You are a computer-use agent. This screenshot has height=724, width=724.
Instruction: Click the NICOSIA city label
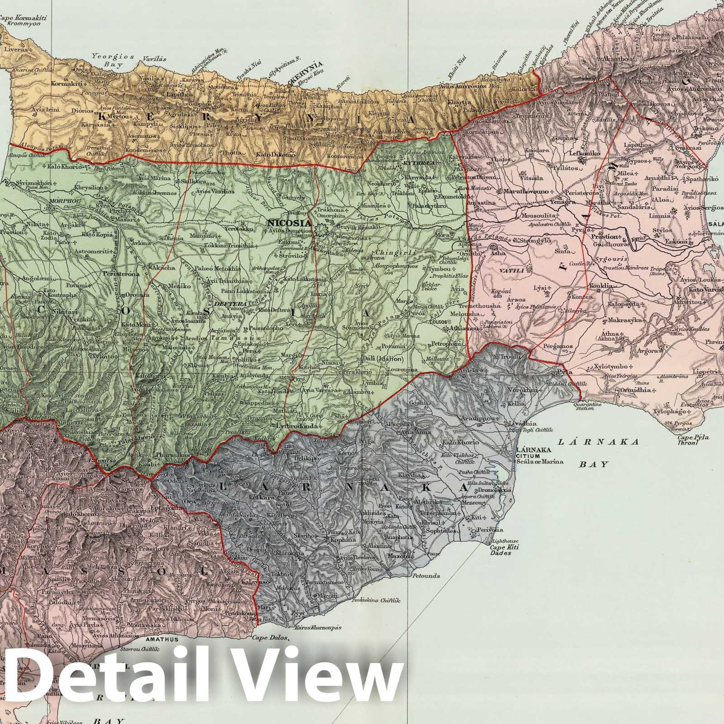289,223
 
